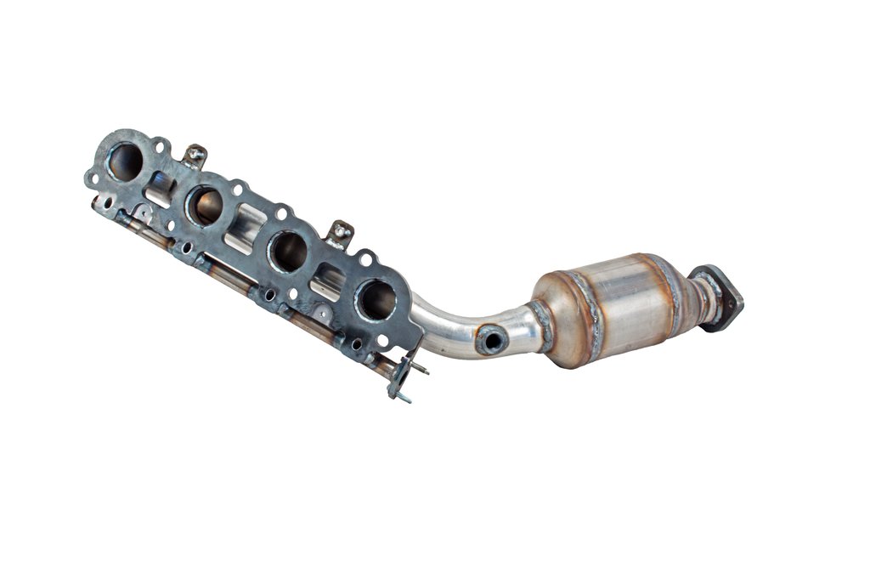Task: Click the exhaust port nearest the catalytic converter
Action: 376,299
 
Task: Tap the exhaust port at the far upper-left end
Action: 126,161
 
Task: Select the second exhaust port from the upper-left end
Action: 205,206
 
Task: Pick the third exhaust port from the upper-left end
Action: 288,252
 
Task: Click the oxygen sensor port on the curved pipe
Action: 491,340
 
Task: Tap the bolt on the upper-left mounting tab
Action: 195,156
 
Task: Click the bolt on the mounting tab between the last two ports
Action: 340,231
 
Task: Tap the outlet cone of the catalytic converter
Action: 680,289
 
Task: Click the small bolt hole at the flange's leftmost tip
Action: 90,178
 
